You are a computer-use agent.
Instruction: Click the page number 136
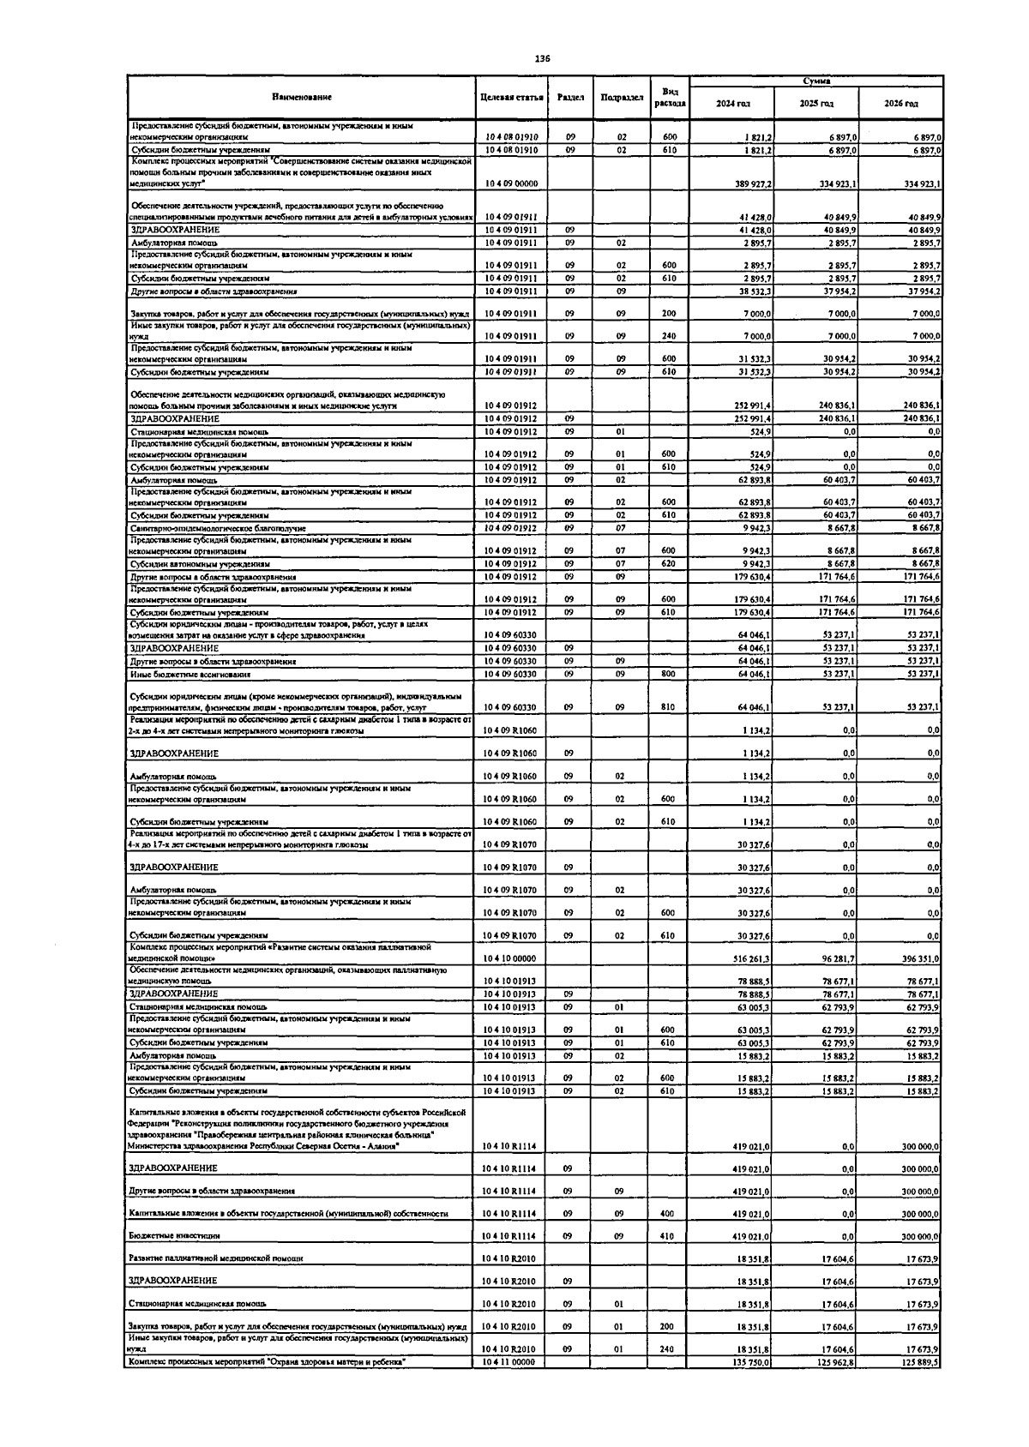pyautogui.click(x=542, y=58)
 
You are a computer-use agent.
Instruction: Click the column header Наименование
pyautogui.click(x=302, y=97)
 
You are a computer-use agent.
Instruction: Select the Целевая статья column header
pyautogui.click(x=512, y=98)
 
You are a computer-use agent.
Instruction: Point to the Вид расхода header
pyautogui.click(x=670, y=98)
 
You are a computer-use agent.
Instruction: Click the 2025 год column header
pyautogui.click(x=816, y=103)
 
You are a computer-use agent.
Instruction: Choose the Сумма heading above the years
pyautogui.click(x=815, y=81)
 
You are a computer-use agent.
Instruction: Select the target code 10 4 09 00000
pyautogui.click(x=511, y=183)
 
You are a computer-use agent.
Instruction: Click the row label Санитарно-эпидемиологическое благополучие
pyautogui.click(x=218, y=529)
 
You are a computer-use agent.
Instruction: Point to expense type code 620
pyautogui.click(x=670, y=564)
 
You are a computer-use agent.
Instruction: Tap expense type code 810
pyautogui.click(x=670, y=707)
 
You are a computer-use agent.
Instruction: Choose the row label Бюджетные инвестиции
pyautogui.click(x=174, y=1236)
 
